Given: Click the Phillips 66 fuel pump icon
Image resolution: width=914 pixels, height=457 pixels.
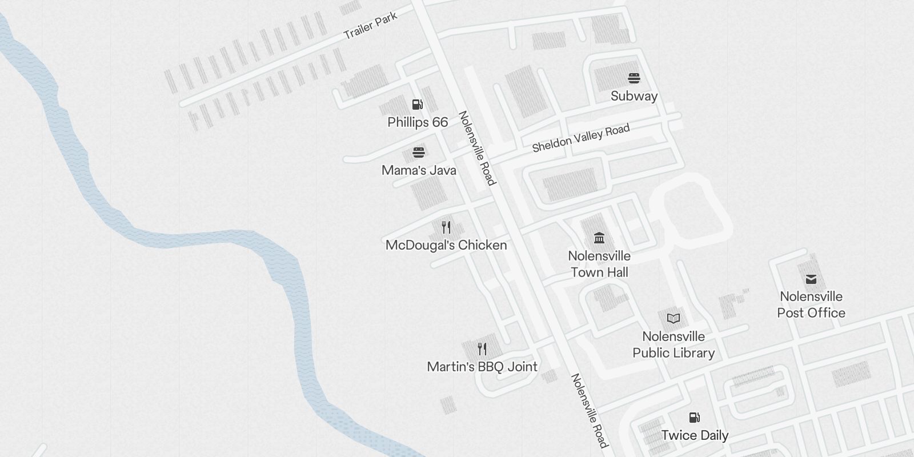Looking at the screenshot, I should [x=418, y=105].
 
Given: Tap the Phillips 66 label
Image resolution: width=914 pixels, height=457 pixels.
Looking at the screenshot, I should [x=418, y=122].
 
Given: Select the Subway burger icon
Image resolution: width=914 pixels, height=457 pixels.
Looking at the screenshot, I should [x=634, y=78].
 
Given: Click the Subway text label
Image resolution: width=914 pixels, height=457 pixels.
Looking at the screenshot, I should [x=634, y=96].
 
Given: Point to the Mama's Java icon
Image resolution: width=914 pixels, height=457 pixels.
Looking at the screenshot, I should [x=419, y=153].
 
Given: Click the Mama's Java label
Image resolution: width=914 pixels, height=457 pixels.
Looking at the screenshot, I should [x=419, y=170].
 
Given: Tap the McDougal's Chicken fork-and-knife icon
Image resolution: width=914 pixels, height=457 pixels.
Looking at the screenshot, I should [x=446, y=227].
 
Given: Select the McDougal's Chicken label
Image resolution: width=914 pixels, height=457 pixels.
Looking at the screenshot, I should [x=446, y=245].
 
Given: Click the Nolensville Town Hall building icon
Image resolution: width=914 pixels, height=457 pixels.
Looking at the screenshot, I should [x=599, y=238].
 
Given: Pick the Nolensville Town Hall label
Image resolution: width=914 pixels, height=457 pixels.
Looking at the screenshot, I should [x=599, y=264].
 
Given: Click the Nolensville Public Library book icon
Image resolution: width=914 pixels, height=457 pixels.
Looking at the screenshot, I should [x=674, y=318].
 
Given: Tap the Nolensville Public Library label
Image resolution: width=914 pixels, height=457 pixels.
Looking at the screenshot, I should [x=674, y=344].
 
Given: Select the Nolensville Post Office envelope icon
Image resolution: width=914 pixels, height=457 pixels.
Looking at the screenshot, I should [x=811, y=279].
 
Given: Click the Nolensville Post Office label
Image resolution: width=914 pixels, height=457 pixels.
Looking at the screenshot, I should [x=811, y=304].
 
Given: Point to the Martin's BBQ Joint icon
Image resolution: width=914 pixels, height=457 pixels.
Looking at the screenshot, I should [x=482, y=348].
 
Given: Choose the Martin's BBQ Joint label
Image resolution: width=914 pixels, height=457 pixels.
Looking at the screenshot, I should [x=482, y=367].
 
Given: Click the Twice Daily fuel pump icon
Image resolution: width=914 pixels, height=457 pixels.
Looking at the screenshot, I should [x=695, y=418].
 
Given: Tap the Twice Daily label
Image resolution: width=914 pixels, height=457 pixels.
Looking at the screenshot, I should [x=695, y=435].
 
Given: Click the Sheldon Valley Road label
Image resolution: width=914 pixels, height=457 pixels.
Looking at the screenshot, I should [x=580, y=138].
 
